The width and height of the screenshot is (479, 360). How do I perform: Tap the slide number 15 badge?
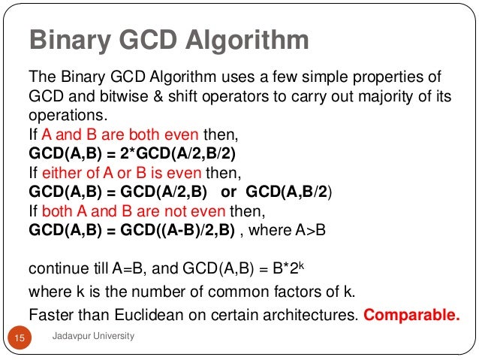(20, 340)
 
